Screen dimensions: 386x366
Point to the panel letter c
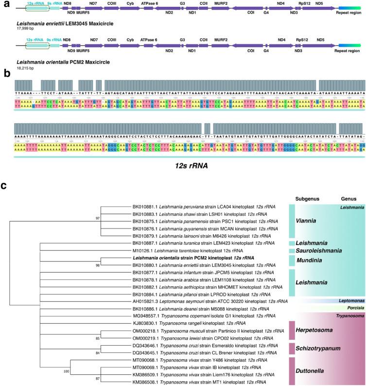point(4,186)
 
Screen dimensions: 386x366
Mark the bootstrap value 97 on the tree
point(98,218)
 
